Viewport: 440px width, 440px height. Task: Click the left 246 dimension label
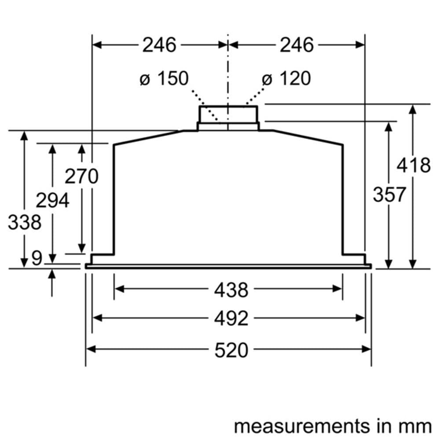(x=159, y=45)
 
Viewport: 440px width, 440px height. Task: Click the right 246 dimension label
(x=297, y=45)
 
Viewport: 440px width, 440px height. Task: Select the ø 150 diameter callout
(x=164, y=79)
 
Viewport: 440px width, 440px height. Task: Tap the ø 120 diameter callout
(x=286, y=79)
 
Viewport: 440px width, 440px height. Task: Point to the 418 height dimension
(x=413, y=165)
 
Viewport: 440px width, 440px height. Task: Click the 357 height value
(x=389, y=194)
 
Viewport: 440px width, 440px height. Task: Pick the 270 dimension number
(x=81, y=176)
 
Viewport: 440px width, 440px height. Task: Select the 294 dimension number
(x=52, y=201)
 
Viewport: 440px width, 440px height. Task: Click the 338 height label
(x=25, y=223)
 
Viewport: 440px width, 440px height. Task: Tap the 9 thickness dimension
(x=37, y=259)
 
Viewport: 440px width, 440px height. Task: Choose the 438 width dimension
(x=231, y=290)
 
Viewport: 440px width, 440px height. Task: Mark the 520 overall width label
(x=231, y=350)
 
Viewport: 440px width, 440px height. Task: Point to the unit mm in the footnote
(x=416, y=426)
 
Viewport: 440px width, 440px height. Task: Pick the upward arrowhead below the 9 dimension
(x=52, y=274)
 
